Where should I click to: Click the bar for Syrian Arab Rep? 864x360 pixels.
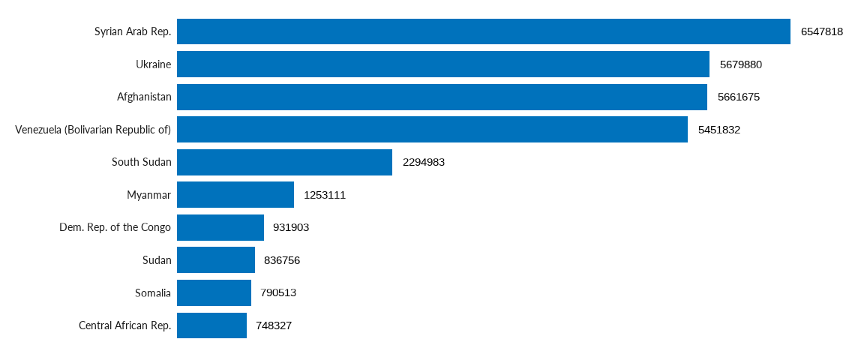click(x=483, y=31)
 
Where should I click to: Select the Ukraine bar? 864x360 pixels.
click(x=442, y=64)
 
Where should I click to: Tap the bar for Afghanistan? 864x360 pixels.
click(x=442, y=97)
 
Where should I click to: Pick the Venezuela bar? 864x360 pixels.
click(x=432, y=129)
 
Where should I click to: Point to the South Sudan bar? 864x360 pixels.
click(x=284, y=162)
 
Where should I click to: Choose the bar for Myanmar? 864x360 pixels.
click(x=235, y=195)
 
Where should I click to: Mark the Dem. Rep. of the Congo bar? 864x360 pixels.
click(x=220, y=227)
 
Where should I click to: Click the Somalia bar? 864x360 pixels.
click(x=214, y=292)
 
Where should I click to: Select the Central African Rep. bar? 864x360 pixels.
click(x=211, y=325)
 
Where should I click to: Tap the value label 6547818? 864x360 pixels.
click(x=821, y=31)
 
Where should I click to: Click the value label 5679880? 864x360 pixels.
click(x=740, y=64)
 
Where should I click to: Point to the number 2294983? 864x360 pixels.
click(x=423, y=162)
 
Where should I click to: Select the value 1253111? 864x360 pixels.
click(x=324, y=195)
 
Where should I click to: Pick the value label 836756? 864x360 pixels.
click(x=281, y=260)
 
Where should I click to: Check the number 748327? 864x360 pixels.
click(x=273, y=325)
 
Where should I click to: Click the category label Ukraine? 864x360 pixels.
click(x=153, y=64)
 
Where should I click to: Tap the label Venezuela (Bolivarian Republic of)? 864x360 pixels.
click(x=93, y=130)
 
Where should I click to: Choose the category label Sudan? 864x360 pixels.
click(x=157, y=260)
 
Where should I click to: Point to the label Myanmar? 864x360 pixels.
click(x=148, y=195)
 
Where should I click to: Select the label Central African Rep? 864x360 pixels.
click(x=124, y=325)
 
